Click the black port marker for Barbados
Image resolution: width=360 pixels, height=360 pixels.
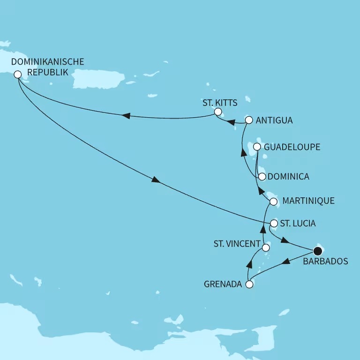318,252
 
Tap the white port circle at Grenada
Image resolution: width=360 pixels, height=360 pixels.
249,284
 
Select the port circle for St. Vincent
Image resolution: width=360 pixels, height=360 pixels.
265,247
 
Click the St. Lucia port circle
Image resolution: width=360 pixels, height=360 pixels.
274,224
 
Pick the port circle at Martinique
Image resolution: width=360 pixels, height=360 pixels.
274,201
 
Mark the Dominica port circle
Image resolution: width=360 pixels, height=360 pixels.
262,177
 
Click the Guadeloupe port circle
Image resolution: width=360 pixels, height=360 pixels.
257,147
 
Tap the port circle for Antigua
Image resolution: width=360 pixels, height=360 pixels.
249,120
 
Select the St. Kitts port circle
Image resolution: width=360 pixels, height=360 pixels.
217,112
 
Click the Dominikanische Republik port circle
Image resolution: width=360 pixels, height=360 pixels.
18,74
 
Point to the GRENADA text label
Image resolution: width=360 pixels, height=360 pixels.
223,284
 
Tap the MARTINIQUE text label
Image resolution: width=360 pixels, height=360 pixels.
308,201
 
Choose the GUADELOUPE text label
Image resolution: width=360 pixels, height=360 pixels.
292,147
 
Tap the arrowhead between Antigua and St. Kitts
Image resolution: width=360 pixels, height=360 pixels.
232,123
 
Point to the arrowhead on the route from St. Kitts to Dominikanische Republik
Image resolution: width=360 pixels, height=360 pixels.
125,116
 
